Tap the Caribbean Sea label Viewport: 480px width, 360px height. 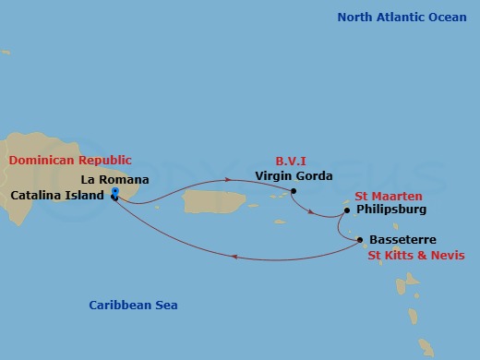tap(133, 305)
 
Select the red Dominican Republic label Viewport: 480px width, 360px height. tap(70, 161)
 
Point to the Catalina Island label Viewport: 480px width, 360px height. tap(57, 196)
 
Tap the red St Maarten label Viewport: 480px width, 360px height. tap(389, 196)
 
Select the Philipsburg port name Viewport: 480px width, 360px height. tap(390, 210)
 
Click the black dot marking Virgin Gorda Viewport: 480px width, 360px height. tap(294, 192)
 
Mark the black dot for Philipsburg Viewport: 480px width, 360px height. tap(346, 210)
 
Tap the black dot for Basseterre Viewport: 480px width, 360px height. tap(359, 240)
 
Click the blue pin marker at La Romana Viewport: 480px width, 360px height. tap(114, 192)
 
